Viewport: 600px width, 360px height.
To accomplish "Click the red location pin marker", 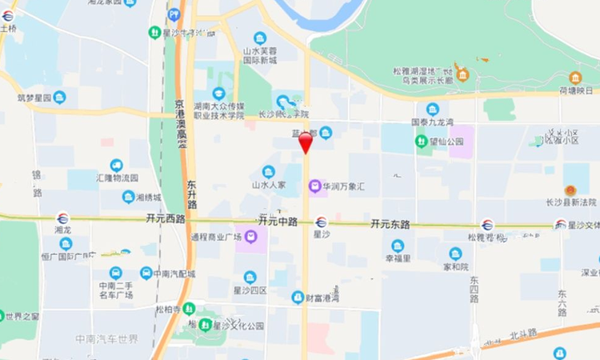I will pos(306,143).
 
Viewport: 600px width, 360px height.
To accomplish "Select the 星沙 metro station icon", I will pos(321,222).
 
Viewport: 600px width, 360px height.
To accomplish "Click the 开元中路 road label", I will pos(278,219).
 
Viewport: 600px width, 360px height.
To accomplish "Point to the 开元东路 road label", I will pos(391,225).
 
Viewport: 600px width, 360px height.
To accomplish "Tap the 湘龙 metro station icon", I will pos(62,218).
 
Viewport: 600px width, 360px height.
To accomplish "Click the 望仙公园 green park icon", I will pos(421,142).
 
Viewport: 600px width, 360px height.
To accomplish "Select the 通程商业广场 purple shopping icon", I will pos(250,237).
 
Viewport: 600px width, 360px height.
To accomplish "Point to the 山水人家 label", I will pos(270,185).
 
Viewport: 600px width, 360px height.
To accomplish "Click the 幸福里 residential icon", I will pos(398,246).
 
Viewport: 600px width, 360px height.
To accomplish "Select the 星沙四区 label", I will pos(250,290).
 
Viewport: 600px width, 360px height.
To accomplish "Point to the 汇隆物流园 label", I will pos(117,178).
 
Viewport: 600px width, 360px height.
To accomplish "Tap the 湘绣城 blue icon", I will pos(128,197).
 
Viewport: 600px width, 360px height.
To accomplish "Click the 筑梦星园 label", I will pos(34,98).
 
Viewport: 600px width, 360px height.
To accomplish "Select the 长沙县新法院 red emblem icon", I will pos(570,191).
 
